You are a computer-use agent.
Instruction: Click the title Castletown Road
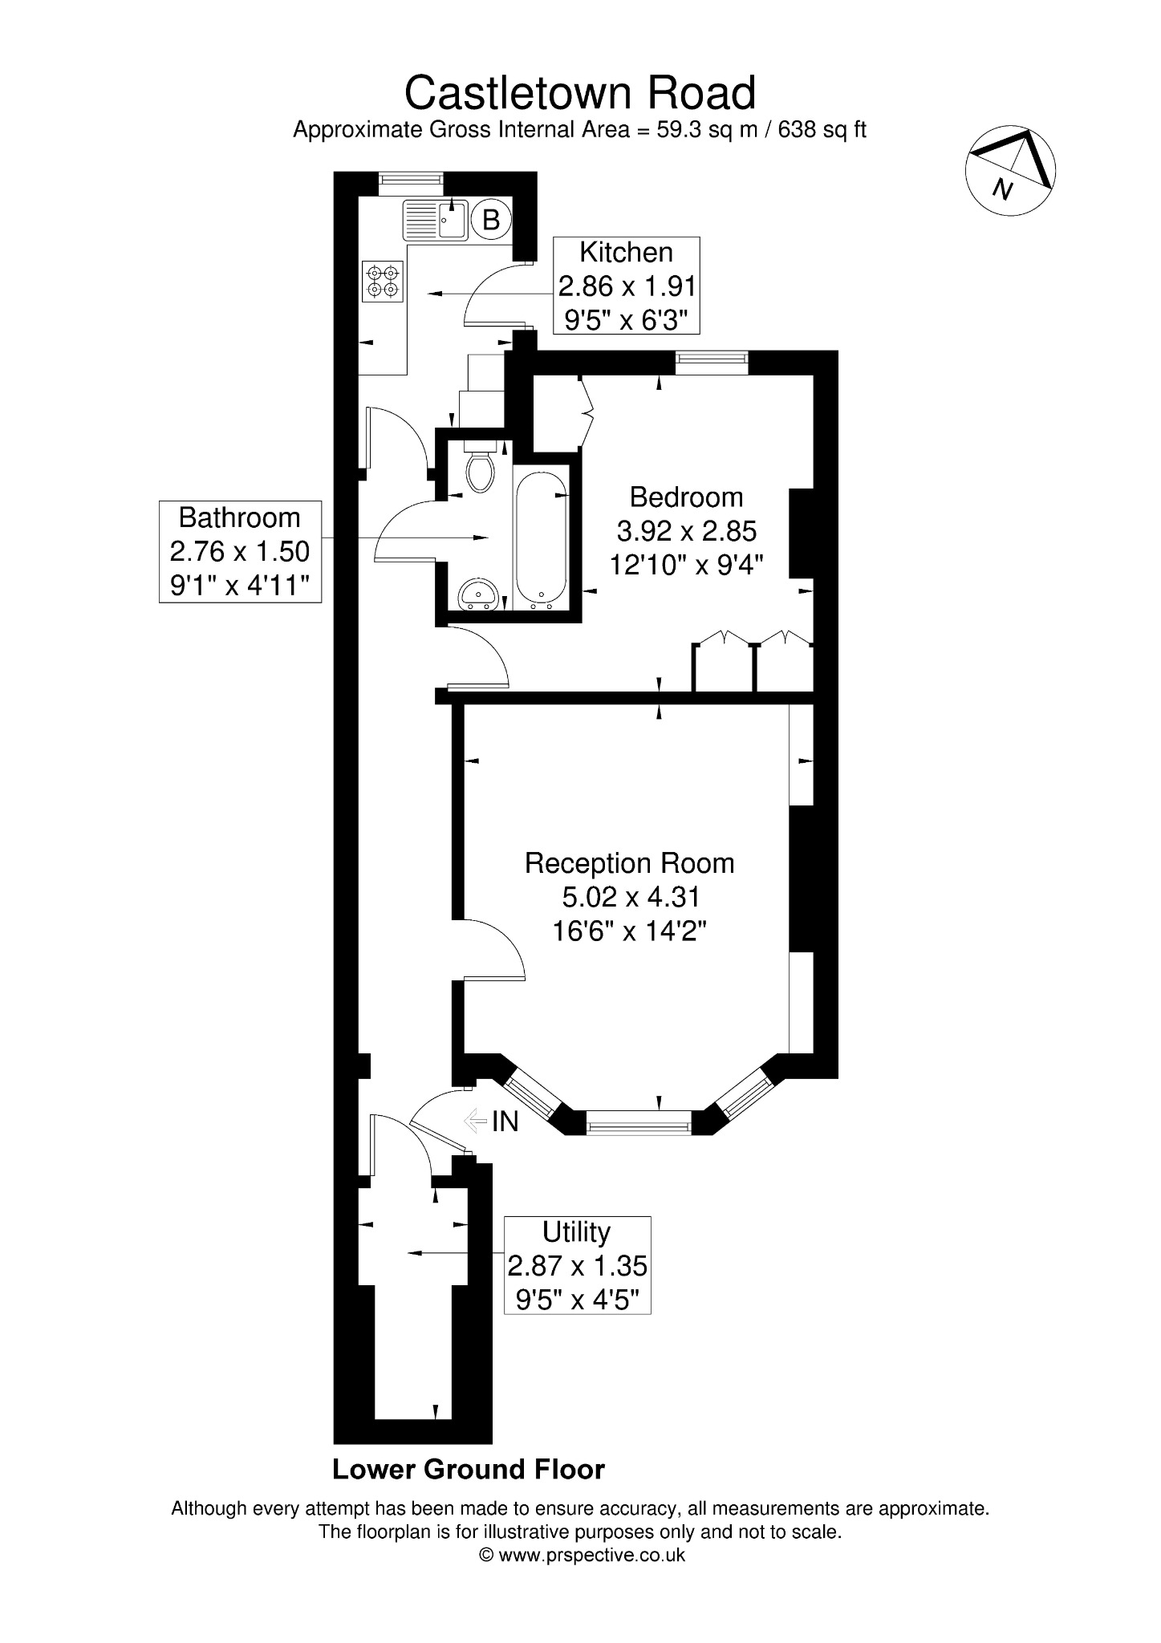tap(580, 93)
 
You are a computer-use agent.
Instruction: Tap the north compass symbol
tap(1010, 170)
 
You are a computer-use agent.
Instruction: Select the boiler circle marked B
tap(491, 219)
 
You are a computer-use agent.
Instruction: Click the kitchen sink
tap(436, 220)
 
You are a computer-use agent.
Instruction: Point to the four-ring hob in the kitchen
tap(384, 282)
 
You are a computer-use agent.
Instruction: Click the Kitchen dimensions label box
tap(627, 286)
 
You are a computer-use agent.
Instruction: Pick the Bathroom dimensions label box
tap(240, 551)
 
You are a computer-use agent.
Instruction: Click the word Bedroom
tap(686, 497)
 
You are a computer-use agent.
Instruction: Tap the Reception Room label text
tap(629, 863)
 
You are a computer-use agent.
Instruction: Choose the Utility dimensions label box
tap(577, 1265)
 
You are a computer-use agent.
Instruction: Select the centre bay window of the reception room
tap(639, 1121)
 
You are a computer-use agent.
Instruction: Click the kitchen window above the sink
tap(411, 184)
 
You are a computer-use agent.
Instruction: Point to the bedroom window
tap(712, 363)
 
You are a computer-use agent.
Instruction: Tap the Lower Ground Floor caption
tap(469, 1470)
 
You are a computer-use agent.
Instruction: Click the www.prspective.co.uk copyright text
tap(583, 1555)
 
